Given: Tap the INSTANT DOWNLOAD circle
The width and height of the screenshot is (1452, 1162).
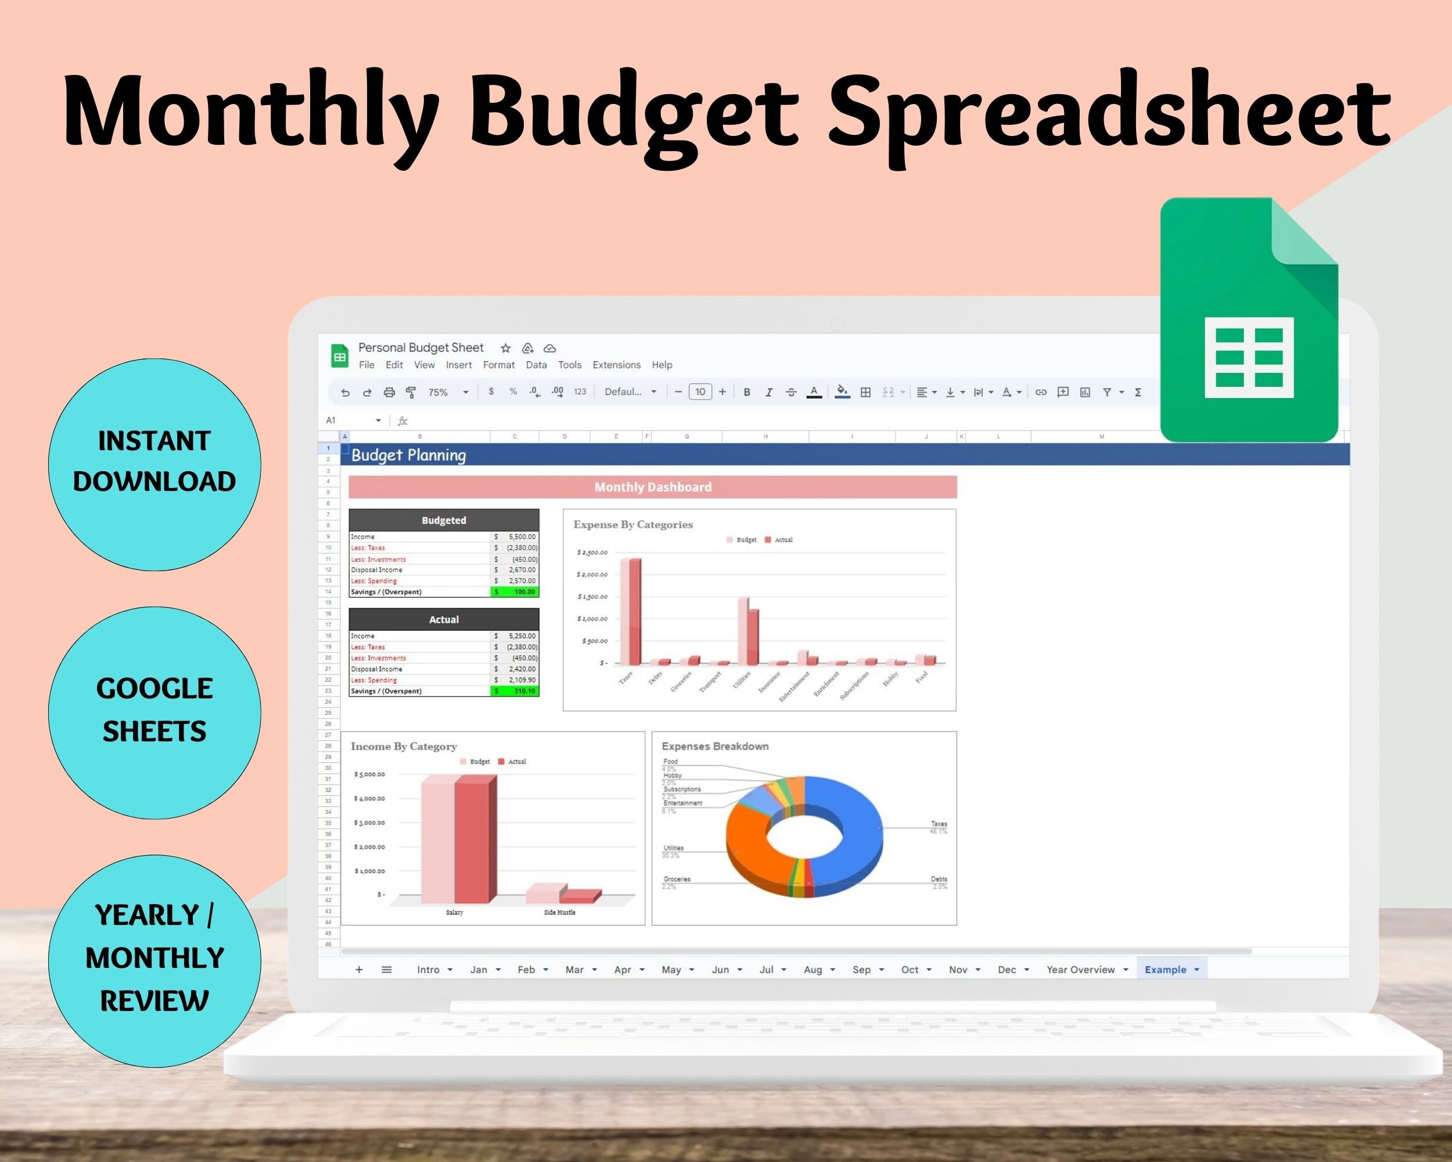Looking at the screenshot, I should [x=154, y=464].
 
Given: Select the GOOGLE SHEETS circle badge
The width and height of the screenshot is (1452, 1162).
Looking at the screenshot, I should [x=154, y=712].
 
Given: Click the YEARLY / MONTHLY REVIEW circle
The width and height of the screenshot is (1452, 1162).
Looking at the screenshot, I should [x=154, y=960].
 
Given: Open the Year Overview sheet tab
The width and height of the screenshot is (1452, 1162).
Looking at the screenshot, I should [x=1080, y=969].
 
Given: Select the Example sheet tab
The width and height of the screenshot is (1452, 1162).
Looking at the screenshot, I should [x=1165, y=969].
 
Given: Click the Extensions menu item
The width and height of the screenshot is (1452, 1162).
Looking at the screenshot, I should [x=616, y=364].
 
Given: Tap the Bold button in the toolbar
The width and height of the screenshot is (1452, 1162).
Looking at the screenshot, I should [x=746, y=392].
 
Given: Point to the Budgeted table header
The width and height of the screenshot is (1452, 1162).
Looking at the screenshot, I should [x=443, y=520].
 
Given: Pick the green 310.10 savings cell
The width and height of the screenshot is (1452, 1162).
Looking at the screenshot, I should [x=515, y=691].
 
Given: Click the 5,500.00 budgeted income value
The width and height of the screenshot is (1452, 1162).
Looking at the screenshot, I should [x=522, y=537].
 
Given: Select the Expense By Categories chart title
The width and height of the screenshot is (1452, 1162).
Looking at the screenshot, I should [x=632, y=524].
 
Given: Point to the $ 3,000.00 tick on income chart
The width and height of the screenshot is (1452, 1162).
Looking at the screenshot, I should [x=370, y=823].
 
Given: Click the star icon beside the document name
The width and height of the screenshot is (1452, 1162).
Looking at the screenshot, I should [x=505, y=348].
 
